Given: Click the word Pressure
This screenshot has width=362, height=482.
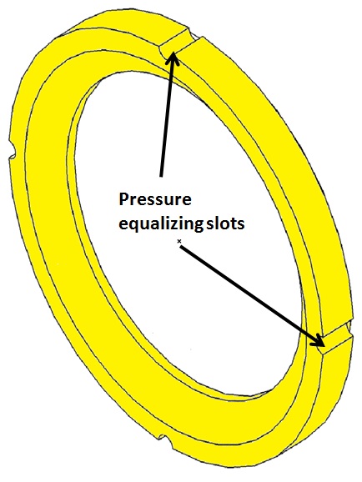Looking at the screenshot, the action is [x=155, y=199].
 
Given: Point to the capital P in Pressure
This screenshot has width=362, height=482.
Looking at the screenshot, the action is [x=123, y=199].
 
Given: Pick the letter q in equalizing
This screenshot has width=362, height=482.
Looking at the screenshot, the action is [x=135, y=226].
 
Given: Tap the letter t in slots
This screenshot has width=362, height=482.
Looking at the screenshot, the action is [x=233, y=223].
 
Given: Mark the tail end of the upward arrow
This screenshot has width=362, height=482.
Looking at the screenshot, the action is [x=161, y=176].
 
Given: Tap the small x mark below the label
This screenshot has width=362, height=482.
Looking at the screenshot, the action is [x=178, y=242].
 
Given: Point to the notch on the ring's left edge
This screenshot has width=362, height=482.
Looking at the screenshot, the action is [x=12, y=151].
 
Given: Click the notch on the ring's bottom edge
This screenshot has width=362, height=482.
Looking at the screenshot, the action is [x=165, y=441].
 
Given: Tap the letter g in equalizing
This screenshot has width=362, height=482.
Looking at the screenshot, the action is [x=197, y=227].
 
